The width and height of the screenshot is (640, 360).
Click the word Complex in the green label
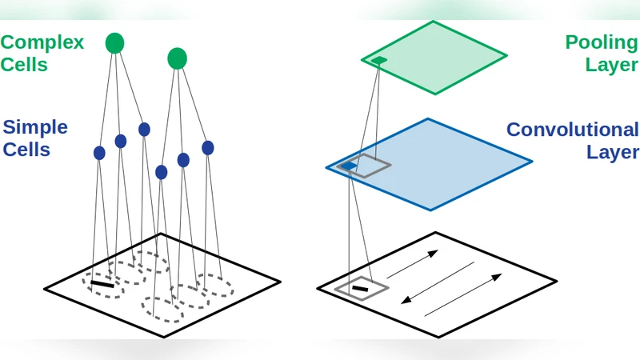coord(42,42)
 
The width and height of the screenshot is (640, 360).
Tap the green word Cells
coord(24,65)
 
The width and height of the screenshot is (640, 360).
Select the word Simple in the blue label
coord(35,126)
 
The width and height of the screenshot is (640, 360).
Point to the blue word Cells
coord(26,150)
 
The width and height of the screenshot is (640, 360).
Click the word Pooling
coord(601,42)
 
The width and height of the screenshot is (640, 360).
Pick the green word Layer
coord(611,65)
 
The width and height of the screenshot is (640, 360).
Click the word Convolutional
coord(572,130)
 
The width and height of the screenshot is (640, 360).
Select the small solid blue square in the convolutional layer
coord(348,166)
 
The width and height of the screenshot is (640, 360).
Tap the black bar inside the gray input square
coord(360,288)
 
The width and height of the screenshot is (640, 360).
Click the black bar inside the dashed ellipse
coord(102,282)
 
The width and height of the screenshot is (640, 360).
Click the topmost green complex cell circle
coord(115,43)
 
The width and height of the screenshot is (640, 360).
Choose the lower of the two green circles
coord(177,58)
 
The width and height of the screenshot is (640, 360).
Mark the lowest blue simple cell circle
coord(162,172)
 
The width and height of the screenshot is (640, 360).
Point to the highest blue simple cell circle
coord(144,129)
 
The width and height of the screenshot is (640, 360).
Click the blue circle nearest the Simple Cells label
coord(99,153)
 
